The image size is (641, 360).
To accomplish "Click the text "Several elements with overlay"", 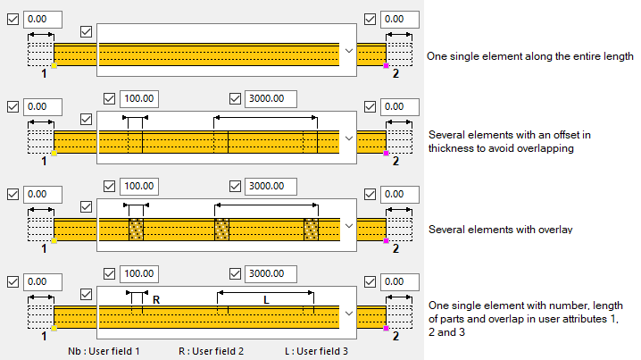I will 500,230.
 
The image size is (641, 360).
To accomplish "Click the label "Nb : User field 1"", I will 104,351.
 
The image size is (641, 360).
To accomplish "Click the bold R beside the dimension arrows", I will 156,300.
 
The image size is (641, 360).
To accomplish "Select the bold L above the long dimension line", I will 266,300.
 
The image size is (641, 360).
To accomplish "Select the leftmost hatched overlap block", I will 136,230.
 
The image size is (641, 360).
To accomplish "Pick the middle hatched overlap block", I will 222,230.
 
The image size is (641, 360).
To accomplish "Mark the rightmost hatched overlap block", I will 311,230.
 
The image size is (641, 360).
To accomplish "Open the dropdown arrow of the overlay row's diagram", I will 349,226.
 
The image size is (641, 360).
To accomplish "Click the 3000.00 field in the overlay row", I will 265,187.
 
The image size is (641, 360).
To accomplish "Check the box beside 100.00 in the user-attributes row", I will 110,274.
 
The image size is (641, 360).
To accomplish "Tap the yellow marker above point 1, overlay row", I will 54,241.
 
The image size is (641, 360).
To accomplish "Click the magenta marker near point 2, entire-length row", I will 386,65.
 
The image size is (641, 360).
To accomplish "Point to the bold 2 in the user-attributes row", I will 395,338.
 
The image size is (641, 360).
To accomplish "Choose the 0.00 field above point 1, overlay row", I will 42,194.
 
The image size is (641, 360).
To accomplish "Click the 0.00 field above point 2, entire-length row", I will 398,19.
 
